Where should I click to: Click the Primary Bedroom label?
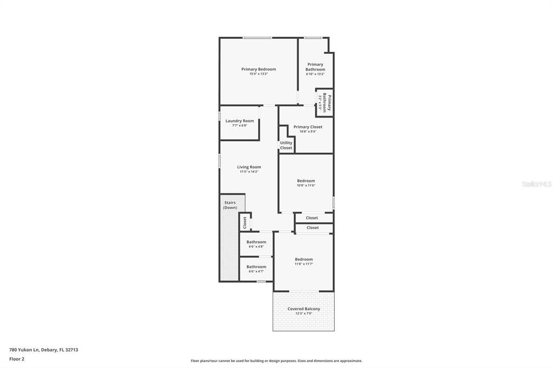pos(258,69)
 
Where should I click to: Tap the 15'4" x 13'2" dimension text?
pos(258,74)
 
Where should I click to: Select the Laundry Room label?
pos(239,121)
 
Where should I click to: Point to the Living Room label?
pos(249,167)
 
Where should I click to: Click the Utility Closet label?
pos(286,145)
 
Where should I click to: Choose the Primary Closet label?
pos(308,127)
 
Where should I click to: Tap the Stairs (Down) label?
pos(230,205)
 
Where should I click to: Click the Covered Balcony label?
pos(304,309)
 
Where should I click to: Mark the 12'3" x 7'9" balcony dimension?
pos(304,314)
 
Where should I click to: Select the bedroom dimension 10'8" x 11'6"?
pos(306,186)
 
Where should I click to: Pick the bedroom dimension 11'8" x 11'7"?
pos(304,264)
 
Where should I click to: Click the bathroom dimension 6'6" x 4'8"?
pos(256,247)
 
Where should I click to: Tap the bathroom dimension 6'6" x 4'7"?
pos(256,271)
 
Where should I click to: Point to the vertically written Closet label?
pos(245,222)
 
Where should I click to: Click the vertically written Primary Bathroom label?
pos(326,103)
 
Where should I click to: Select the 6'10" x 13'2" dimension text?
pos(315,74)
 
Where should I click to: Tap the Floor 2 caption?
pos(17,359)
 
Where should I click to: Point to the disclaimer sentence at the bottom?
pos(276,361)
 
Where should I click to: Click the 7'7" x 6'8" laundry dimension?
pos(239,126)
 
